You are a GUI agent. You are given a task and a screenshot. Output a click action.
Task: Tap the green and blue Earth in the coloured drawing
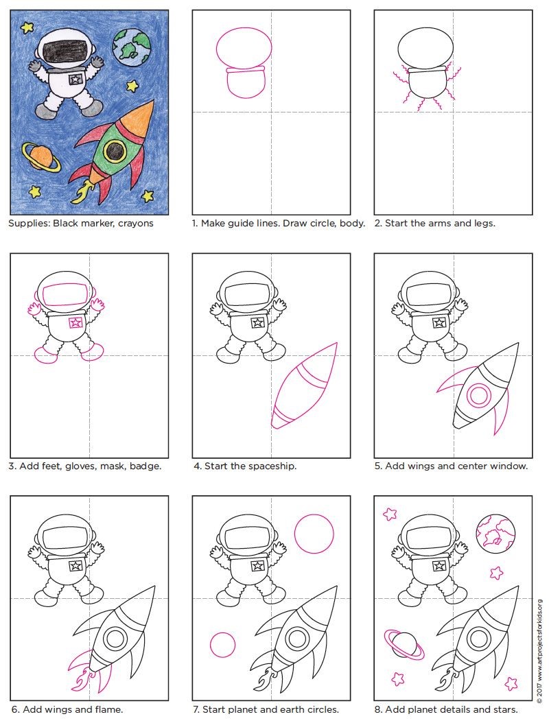click(132, 47)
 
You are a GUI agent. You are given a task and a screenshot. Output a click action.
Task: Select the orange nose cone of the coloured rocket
click(140, 119)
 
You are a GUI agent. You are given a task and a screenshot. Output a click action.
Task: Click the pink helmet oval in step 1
click(243, 48)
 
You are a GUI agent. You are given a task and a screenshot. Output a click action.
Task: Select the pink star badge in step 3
click(75, 322)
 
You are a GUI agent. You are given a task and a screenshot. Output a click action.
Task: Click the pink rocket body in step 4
click(305, 386)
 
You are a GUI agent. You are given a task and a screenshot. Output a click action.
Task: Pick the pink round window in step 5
click(479, 394)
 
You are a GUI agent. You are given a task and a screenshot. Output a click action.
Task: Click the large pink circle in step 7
click(314, 534)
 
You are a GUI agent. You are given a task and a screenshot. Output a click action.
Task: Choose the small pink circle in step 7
click(222, 644)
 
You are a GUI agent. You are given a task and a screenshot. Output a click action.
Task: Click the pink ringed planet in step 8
click(404, 644)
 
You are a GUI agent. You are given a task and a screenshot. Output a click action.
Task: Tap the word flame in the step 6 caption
click(109, 709)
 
